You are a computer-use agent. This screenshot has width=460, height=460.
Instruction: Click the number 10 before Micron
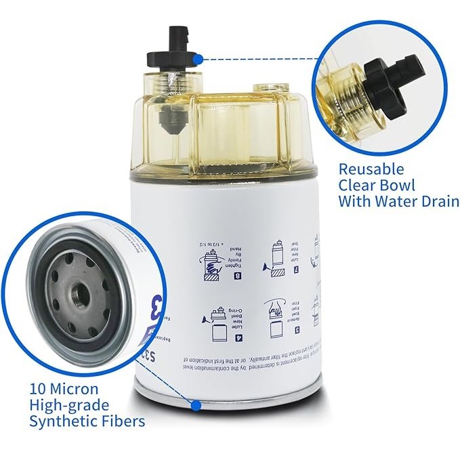39,389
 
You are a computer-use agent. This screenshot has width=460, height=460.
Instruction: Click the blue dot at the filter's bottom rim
196,405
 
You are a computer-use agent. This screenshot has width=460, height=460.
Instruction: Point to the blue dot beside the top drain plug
197,59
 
